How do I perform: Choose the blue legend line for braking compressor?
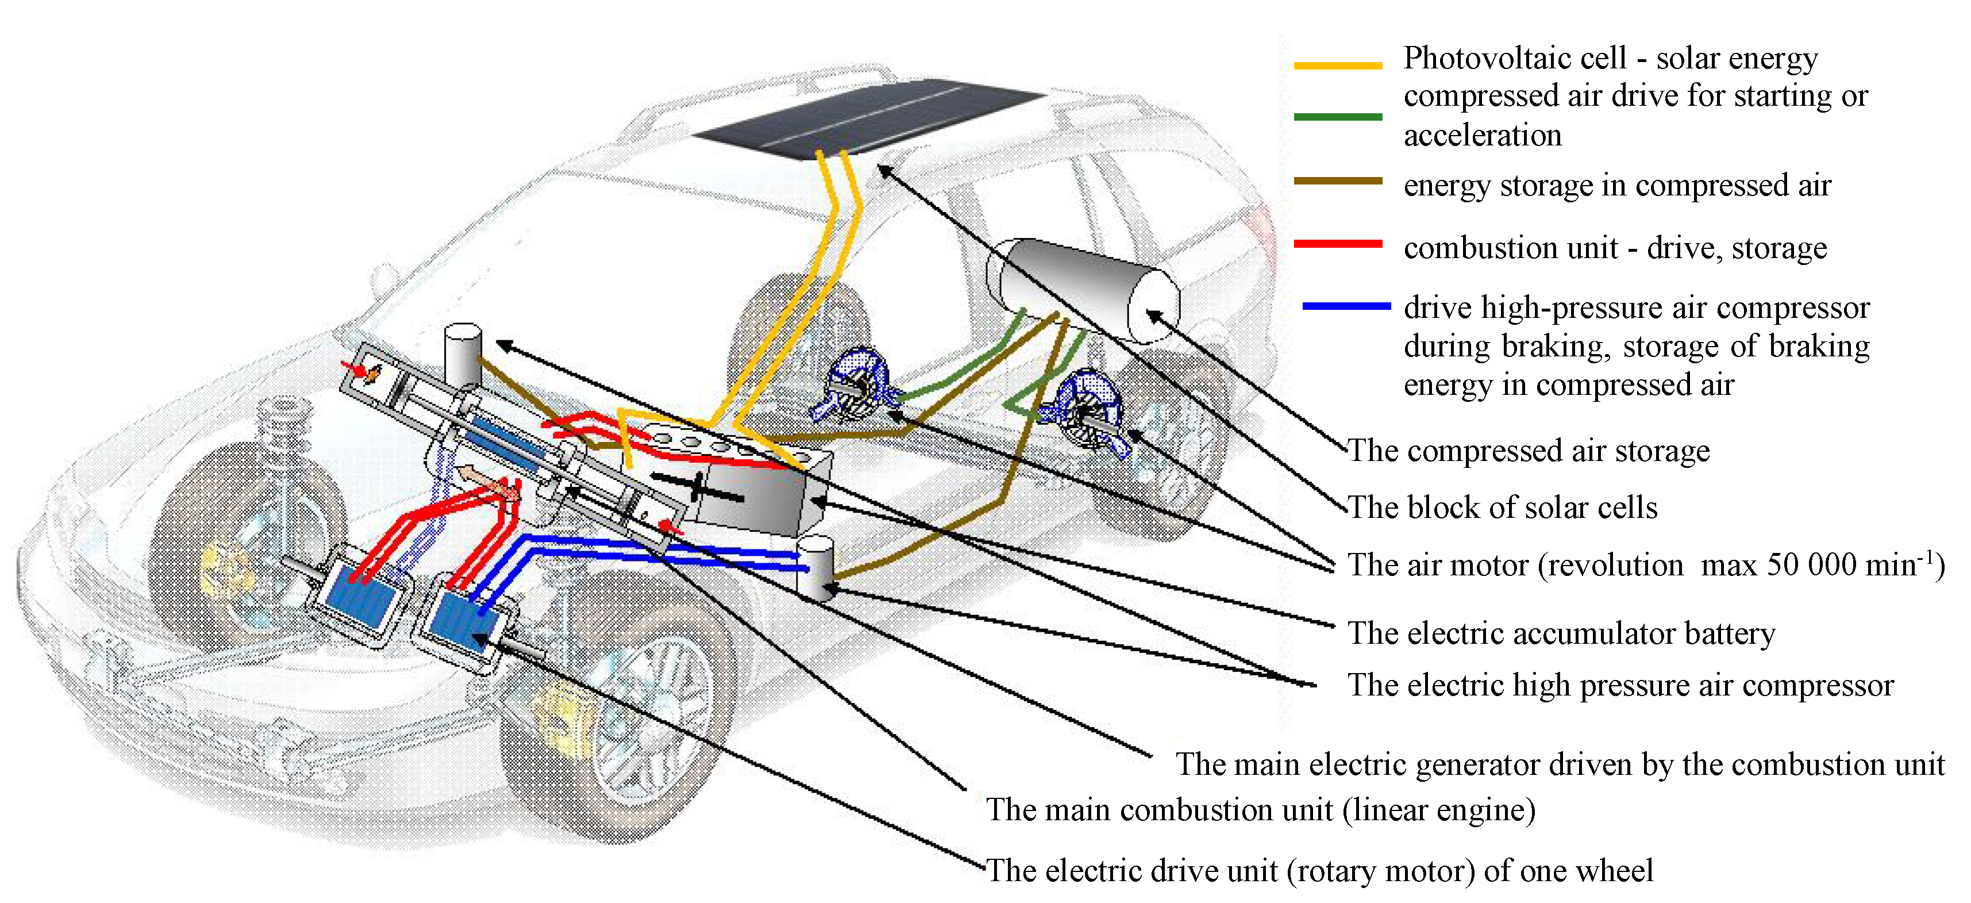click(x=1346, y=306)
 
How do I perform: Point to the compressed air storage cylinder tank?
click(x=1083, y=291)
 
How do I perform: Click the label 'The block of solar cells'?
click(x=1502, y=508)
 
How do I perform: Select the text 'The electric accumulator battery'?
click(x=1561, y=633)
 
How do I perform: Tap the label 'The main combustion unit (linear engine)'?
click(x=1260, y=810)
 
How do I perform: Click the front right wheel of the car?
click(x=620, y=712)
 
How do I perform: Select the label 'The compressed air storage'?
click(x=1528, y=451)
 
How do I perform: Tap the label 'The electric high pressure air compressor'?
click(x=1620, y=685)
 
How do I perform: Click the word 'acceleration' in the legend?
click(x=1482, y=136)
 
